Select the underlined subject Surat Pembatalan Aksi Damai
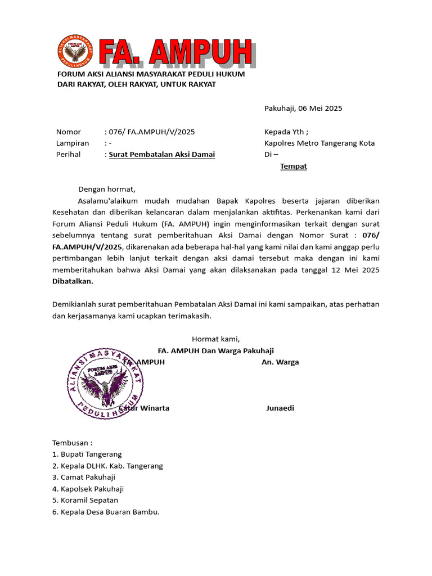pyautogui.click(x=162, y=155)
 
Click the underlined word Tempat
pyautogui.click(x=294, y=166)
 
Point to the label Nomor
pyautogui.click(x=69, y=132)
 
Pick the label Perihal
pyautogui.click(x=69, y=155)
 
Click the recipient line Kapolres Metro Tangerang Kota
pyautogui.click(x=319, y=143)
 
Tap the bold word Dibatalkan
pyautogui.click(x=73, y=281)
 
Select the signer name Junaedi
pyautogui.click(x=280, y=408)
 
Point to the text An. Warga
pyautogui.click(x=280, y=362)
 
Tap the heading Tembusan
pyautogui.click(x=73, y=443)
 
